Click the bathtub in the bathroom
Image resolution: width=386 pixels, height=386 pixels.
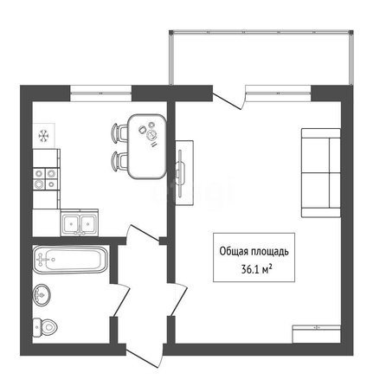coord(70,260)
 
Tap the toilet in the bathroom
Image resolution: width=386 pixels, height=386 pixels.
coord(45,327)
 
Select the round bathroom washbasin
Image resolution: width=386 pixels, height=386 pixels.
coord(42,294)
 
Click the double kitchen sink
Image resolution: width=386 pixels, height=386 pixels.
coord(80,222)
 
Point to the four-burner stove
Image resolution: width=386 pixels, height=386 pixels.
coord(46,179)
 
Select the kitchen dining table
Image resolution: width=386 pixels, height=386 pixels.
coord(147,146)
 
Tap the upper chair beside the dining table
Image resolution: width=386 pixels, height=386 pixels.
coord(119,132)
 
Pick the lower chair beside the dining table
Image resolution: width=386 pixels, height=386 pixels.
coord(119,161)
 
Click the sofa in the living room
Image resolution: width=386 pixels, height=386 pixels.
coord(321,172)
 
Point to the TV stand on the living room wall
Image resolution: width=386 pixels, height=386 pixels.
coord(184,173)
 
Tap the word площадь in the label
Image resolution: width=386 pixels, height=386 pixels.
coord(270,252)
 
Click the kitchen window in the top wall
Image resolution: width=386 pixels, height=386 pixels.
coord(101,93)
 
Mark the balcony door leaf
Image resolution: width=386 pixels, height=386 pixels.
coord(227,101)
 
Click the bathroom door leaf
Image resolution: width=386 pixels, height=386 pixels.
coord(120,300)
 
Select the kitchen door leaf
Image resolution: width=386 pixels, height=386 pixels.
coord(144,233)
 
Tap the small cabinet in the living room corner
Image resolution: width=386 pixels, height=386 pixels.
coord(317,334)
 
